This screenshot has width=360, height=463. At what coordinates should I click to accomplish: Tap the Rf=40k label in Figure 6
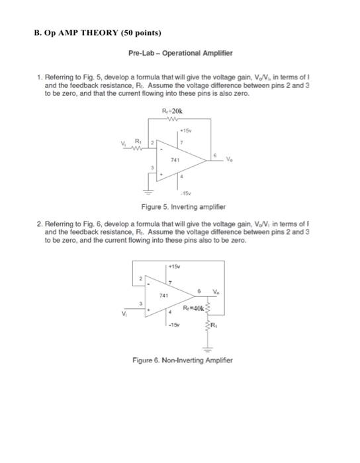(198, 308)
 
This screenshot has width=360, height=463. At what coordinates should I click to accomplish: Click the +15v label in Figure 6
(175, 266)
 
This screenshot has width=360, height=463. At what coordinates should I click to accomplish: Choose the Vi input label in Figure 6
(122, 315)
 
